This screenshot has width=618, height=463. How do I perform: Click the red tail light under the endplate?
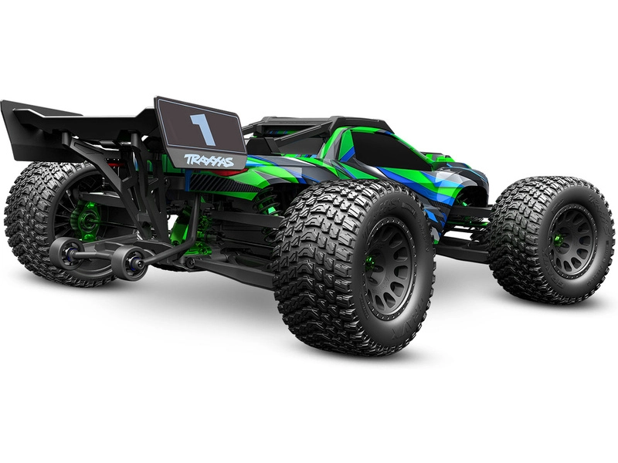[x=224, y=174]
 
